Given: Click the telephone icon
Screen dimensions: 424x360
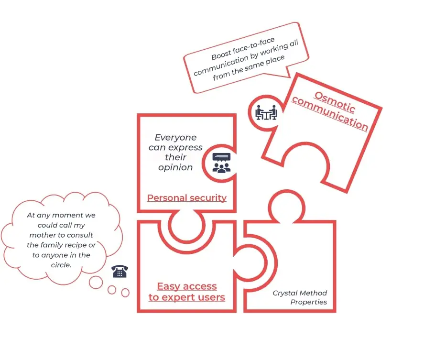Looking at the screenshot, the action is [x=120, y=271].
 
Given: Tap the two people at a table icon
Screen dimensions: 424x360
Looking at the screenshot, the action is [x=266, y=112].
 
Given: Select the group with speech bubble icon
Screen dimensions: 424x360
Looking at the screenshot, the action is [x=221, y=163].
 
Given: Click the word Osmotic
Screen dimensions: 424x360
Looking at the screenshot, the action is [x=335, y=102].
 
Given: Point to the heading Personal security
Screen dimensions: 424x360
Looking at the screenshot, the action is [x=187, y=198].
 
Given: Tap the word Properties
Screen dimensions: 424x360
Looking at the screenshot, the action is [x=308, y=302].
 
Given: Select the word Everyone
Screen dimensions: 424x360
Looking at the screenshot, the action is [x=175, y=137].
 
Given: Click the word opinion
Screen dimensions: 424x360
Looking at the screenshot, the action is [x=175, y=167].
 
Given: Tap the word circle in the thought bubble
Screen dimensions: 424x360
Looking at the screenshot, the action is [x=61, y=265].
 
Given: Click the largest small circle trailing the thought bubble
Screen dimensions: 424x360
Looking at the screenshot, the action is [x=96, y=283].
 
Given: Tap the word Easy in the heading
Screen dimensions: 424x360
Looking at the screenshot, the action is [x=168, y=286].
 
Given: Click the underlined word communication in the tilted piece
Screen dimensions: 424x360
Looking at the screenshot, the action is [x=330, y=114].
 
